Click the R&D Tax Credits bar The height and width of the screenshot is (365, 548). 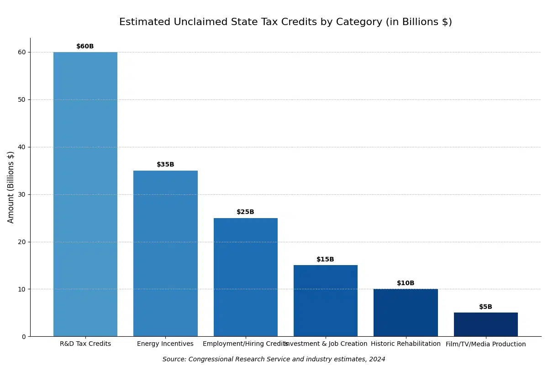click(x=85, y=194)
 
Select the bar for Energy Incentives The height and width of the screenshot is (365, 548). click(x=165, y=253)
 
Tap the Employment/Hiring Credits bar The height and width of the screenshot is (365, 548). click(x=246, y=277)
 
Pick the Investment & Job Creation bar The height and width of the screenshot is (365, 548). click(x=326, y=301)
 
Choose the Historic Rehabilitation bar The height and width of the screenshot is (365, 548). click(x=406, y=313)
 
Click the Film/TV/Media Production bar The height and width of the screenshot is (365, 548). click(x=486, y=324)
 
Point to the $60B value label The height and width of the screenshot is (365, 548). click(x=85, y=47)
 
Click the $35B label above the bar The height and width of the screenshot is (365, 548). click(x=165, y=165)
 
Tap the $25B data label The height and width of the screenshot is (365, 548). click(x=246, y=212)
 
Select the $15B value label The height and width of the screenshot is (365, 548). click(x=326, y=260)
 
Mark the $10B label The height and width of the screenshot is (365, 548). click(x=406, y=283)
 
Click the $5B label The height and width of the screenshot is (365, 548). click(x=486, y=307)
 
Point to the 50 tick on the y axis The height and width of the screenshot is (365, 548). click(x=22, y=99)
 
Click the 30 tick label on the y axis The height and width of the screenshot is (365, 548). click(x=22, y=194)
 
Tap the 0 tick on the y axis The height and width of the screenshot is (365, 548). click(x=24, y=337)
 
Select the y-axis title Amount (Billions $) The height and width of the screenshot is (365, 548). click(x=11, y=187)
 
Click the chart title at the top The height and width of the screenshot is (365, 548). click(x=285, y=22)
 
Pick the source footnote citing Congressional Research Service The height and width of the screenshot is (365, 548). click(x=274, y=360)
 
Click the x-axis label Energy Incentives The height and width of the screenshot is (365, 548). click(x=165, y=344)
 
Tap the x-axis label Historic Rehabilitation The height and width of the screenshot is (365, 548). click(x=406, y=344)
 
